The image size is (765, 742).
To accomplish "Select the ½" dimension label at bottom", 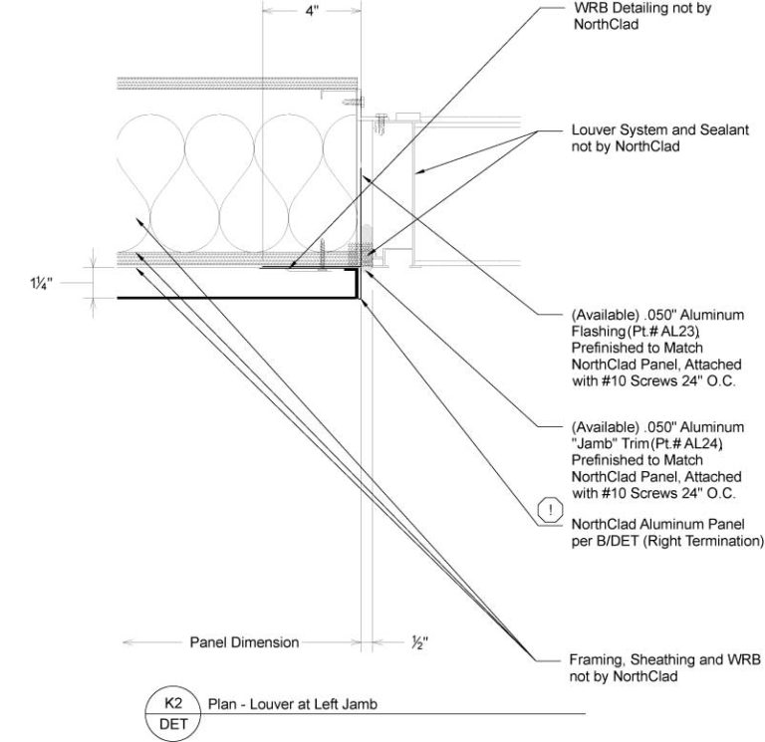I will (x=420, y=642).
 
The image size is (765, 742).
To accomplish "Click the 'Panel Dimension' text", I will (x=244, y=642).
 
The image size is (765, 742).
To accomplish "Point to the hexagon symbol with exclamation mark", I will (x=549, y=512).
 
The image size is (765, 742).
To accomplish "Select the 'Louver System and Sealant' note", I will (x=639, y=138).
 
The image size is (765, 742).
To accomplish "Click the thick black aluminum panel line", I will (x=239, y=297).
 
